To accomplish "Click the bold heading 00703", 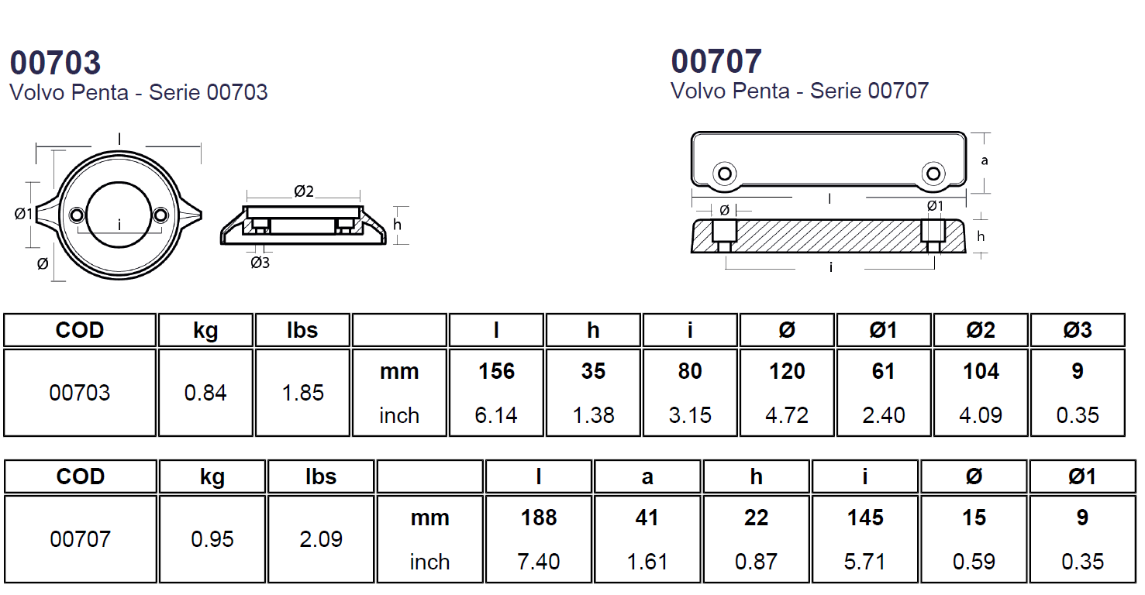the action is pyautogui.click(x=55, y=63).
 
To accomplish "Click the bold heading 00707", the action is pyautogui.click(x=716, y=61).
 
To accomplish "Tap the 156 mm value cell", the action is pyautogui.click(x=496, y=371).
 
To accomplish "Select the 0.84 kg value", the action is pyautogui.click(x=205, y=393).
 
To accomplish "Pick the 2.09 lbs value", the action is pyautogui.click(x=321, y=539).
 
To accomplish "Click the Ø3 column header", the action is pyautogui.click(x=1078, y=331).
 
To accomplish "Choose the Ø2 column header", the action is pyautogui.click(x=981, y=331).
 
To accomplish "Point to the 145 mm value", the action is pyautogui.click(x=865, y=518).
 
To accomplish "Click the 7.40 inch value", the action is pyautogui.click(x=539, y=562).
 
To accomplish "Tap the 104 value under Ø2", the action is pyautogui.click(x=981, y=371).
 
